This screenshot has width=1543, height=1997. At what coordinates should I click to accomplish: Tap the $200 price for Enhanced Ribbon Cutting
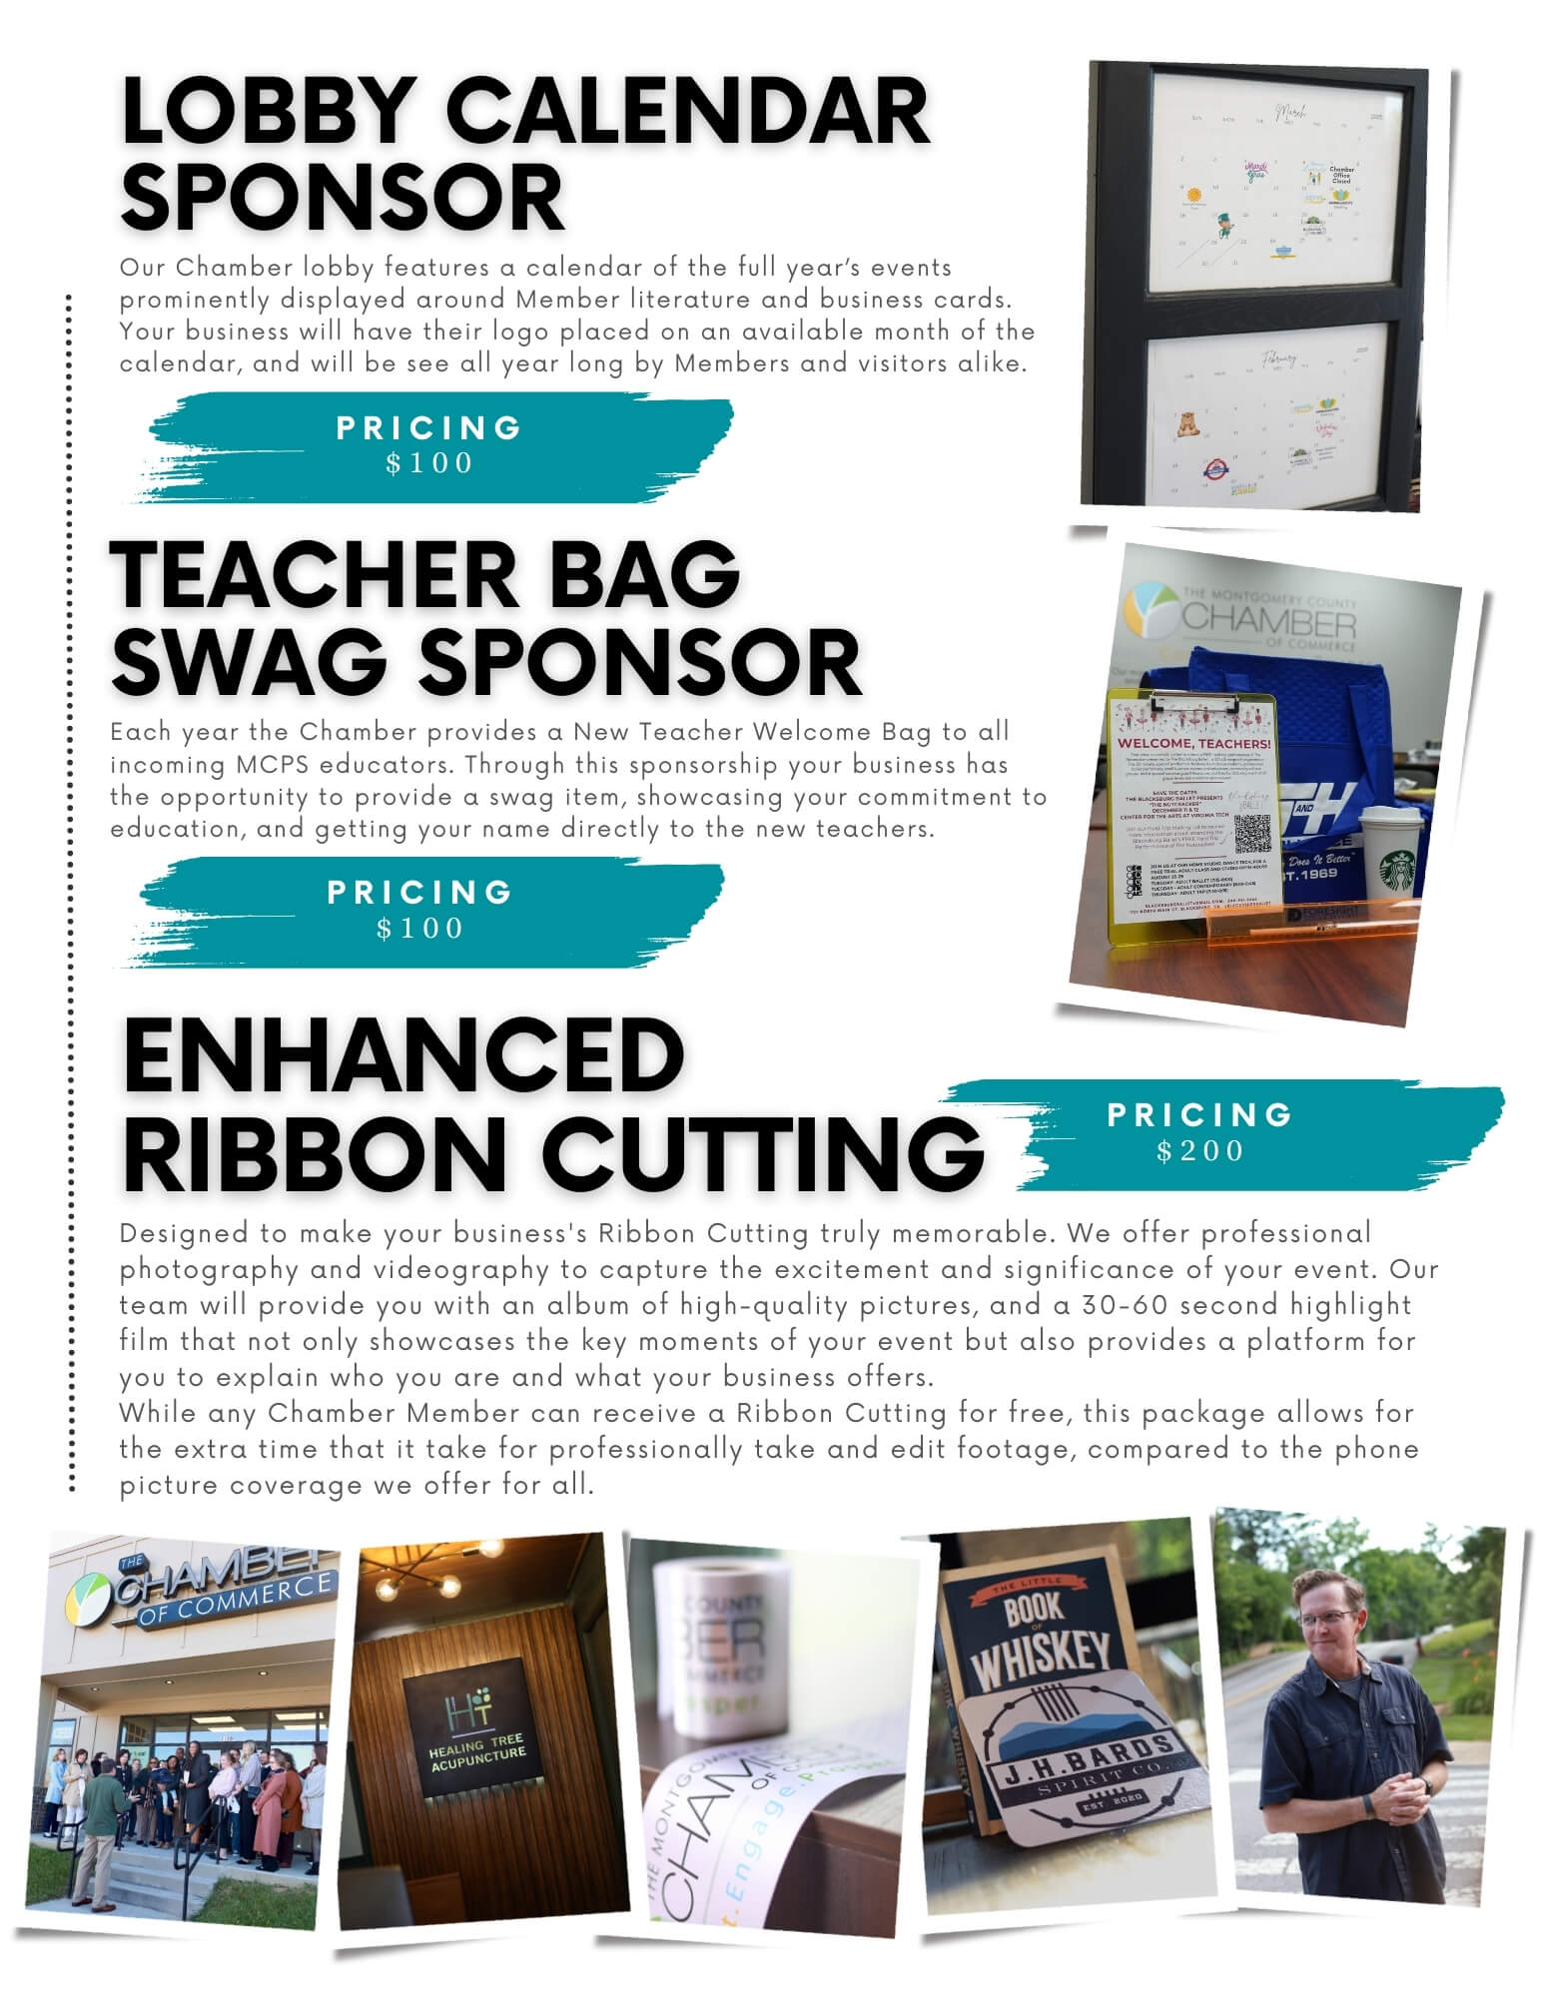(1200, 1151)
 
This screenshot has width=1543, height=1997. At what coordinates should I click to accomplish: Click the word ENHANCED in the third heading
(403, 1056)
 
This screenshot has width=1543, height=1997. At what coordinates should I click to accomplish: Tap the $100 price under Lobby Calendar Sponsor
(429, 462)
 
